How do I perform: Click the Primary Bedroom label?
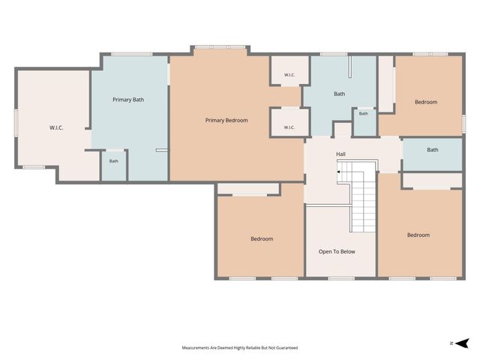pyautogui.click(x=226, y=120)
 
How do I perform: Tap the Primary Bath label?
pyautogui.click(x=128, y=100)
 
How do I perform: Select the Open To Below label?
pyautogui.click(x=337, y=252)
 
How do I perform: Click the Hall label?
pyautogui.click(x=340, y=154)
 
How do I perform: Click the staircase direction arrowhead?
pyautogui.click(x=338, y=172)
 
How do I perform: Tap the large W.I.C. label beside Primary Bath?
pyautogui.click(x=56, y=127)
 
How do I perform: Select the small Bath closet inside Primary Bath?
pyautogui.click(x=113, y=165)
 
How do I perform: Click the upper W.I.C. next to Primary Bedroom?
pyautogui.click(x=289, y=70)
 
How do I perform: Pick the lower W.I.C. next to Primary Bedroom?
pyautogui.click(x=289, y=122)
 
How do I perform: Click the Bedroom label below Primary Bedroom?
pyautogui.click(x=262, y=238)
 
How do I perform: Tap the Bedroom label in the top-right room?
pyautogui.click(x=426, y=102)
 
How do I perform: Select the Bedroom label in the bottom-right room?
pyautogui.click(x=418, y=235)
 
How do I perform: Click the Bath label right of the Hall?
pyautogui.click(x=433, y=150)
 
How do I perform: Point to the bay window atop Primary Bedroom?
pyautogui.click(x=220, y=47)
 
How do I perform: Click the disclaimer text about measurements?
pyautogui.click(x=240, y=348)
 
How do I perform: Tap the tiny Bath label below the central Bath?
pyautogui.click(x=363, y=113)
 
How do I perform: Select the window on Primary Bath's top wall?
pyautogui.click(x=132, y=54)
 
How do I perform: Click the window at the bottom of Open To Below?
pyautogui.click(x=341, y=278)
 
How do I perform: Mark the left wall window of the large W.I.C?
pyautogui.click(x=16, y=123)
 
